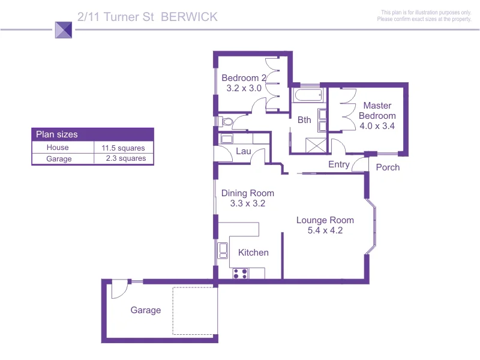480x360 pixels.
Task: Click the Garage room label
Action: point(146,310)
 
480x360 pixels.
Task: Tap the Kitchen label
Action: point(253,253)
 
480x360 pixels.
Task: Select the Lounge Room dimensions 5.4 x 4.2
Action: point(325,230)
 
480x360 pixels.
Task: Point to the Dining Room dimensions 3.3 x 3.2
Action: point(248,203)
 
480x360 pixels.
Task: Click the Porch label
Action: point(388,167)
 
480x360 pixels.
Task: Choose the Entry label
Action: point(339,164)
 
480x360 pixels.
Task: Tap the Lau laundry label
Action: point(243,151)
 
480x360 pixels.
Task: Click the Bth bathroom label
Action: point(304,120)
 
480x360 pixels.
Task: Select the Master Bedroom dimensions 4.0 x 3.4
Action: point(377,126)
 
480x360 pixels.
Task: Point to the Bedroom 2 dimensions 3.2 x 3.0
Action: point(244,88)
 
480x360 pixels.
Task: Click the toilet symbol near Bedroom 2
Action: point(226,122)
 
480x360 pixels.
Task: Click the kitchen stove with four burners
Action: point(241,273)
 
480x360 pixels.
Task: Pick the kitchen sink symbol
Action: point(223,250)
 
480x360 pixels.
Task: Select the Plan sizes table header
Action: point(92,134)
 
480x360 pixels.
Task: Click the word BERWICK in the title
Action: point(190,17)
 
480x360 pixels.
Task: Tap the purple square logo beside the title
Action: point(63,30)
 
